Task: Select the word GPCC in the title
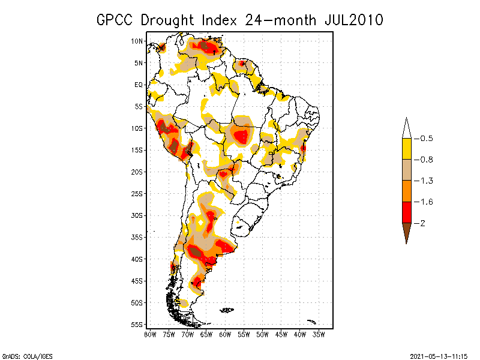coord(115,20)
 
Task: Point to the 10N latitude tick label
coord(137,41)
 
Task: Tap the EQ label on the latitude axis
coord(139,85)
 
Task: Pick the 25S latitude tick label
coord(137,193)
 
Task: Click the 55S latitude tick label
coord(137,324)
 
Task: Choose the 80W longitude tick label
coord(150,334)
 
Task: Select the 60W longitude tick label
coord(225,334)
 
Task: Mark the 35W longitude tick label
coord(319,334)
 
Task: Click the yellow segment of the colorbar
coord(406,149)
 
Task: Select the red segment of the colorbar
coord(406,212)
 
